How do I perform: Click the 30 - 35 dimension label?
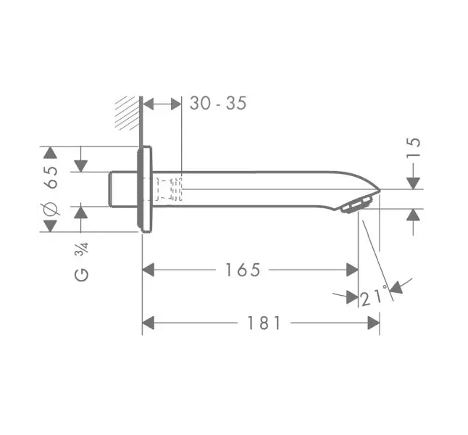pos(218,104)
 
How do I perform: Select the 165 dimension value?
pos(243,270)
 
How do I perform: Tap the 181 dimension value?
pos(264,323)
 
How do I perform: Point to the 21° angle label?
pos(374,296)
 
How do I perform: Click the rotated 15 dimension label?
pos(414,147)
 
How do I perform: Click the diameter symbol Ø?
pos(50,209)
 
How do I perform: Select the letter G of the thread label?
pos(81,275)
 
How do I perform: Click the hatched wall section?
pos(128,113)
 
